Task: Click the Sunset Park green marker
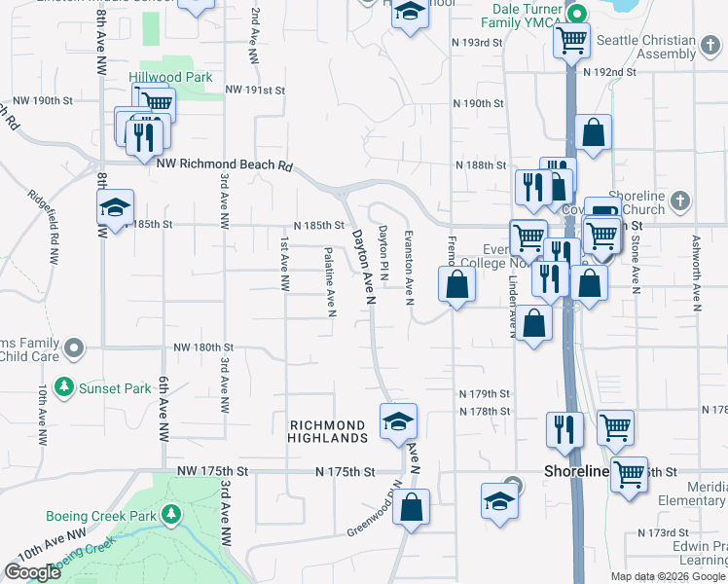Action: [64, 387]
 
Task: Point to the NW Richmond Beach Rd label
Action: [225, 166]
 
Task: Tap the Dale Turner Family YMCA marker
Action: [575, 15]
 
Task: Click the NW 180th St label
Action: [203, 347]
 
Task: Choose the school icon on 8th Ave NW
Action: [115, 207]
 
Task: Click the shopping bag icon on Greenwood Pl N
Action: [413, 507]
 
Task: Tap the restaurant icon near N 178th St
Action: [564, 429]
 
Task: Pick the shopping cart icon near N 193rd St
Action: [571, 41]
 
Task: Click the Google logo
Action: [31, 572]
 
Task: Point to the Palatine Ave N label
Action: [330, 281]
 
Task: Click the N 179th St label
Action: [485, 394]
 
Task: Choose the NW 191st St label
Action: [255, 90]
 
